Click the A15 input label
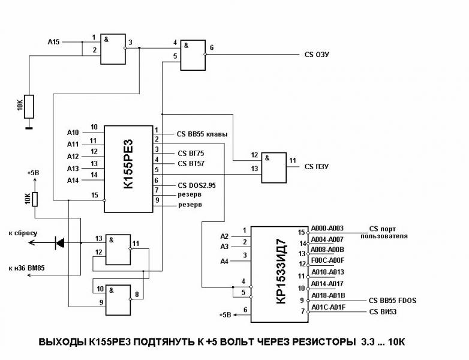pos(54,41)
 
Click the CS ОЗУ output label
pos(317,55)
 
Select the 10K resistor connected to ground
pos(29,106)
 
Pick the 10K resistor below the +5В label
pos(35,199)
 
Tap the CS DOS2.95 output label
pos(197,185)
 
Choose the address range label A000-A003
pos(327,229)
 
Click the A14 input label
pos(73,179)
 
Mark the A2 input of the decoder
pos(225,235)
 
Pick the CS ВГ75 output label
pos(191,152)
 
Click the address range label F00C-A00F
pos(327,260)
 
